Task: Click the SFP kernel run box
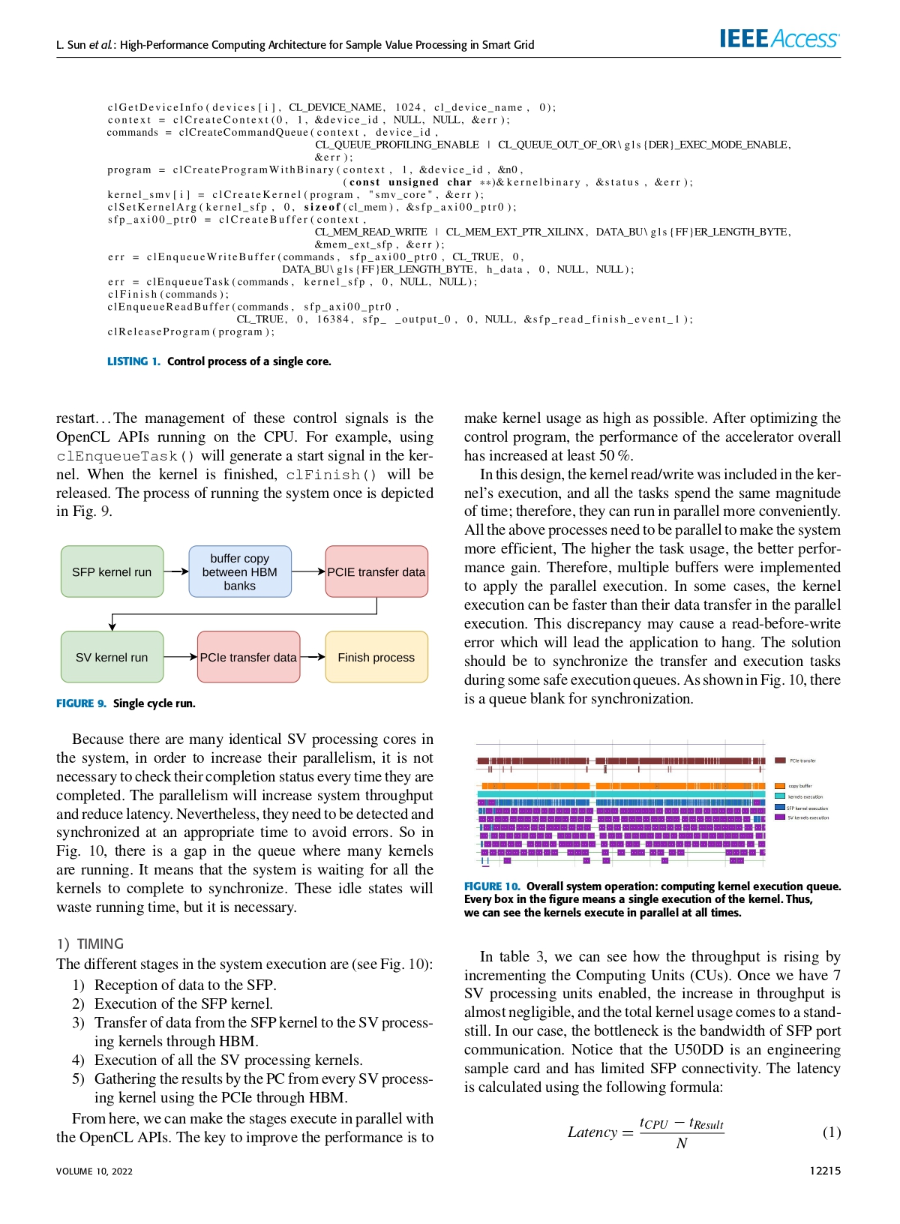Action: click(x=112, y=571)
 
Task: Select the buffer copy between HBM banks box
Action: click(x=239, y=571)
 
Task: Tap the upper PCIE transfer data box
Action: click(x=376, y=571)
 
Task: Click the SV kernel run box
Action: click(x=112, y=657)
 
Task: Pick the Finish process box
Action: click(x=376, y=657)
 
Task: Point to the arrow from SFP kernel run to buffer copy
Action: click(x=176, y=571)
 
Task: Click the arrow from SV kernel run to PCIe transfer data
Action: click(x=180, y=657)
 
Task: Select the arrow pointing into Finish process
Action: click(x=313, y=657)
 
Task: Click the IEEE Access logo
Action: click(x=779, y=39)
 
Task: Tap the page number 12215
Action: click(x=825, y=1171)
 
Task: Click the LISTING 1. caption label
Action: click(x=133, y=361)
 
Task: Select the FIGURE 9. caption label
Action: click(x=81, y=703)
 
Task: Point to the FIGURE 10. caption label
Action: click(x=491, y=886)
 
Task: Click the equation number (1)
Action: click(x=832, y=1132)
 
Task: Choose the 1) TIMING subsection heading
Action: click(x=90, y=944)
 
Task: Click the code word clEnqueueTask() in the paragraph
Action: click(x=125, y=456)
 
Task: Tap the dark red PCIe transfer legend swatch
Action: click(x=780, y=760)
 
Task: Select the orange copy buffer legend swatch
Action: click(x=780, y=786)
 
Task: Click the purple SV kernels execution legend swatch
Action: click(x=780, y=817)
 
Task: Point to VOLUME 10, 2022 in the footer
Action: click(x=94, y=1171)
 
